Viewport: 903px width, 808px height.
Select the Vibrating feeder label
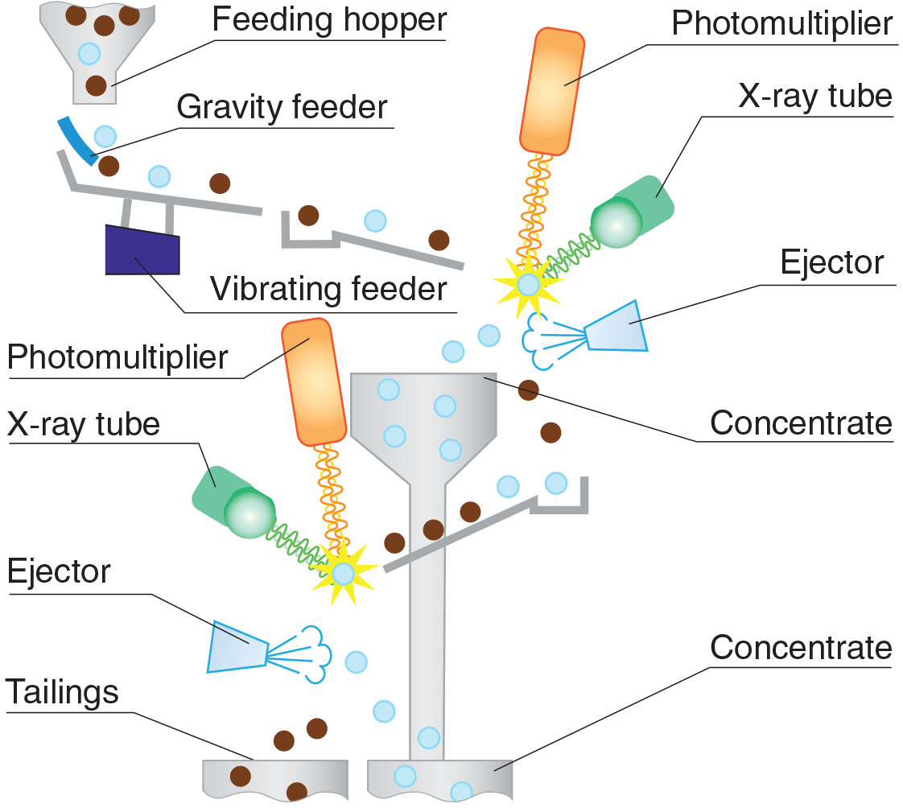328,288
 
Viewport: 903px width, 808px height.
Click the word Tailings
62,692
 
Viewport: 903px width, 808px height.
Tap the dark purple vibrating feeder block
142,249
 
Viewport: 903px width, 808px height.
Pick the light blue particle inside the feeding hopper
89,54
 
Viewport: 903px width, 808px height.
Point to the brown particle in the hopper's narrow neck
96,84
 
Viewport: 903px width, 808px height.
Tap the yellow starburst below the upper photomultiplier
527,283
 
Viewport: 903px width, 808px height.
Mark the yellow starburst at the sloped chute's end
344,573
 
